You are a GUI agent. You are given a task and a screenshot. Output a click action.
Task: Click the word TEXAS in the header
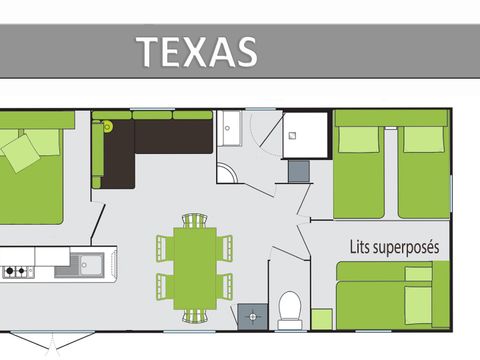pos(196,50)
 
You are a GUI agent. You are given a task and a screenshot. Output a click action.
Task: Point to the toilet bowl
pos(290,311)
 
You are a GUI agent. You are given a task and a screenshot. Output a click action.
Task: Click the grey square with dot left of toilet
pos(252,316)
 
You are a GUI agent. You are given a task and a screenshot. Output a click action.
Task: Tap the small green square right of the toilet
pos(322,319)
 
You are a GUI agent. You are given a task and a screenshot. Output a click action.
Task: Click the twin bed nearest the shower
pos(357,168)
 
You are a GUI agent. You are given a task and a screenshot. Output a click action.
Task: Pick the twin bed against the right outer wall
pos(424,168)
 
